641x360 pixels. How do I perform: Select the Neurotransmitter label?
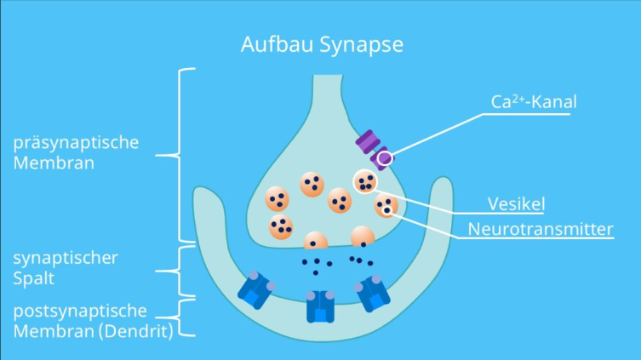tap(541, 229)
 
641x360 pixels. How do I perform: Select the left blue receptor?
tap(256, 290)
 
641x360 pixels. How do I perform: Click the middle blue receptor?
tap(320, 306)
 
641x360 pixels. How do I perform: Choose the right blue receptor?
tap(373, 292)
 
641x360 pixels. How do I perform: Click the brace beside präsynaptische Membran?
tap(182, 155)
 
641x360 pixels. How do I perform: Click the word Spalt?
tap(30, 277)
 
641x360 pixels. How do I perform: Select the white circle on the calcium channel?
tap(385, 157)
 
